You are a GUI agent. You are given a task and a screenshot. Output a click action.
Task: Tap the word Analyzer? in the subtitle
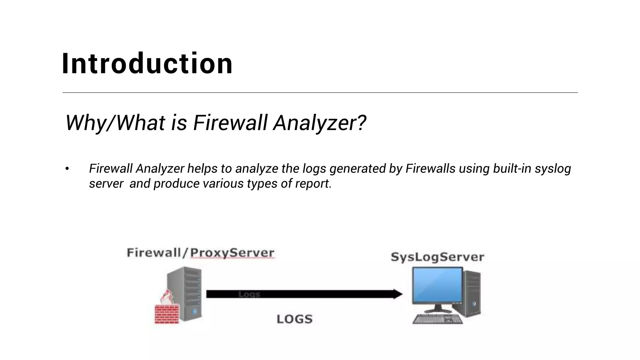(319, 122)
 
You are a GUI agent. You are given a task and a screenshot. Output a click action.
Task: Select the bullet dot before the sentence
(67, 169)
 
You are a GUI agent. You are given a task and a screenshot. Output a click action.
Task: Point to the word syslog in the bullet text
(552, 169)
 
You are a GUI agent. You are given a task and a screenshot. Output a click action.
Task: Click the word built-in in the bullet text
(512, 168)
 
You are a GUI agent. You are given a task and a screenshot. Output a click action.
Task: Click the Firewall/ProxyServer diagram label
(200, 252)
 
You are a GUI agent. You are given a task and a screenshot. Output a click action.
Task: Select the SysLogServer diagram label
(437, 257)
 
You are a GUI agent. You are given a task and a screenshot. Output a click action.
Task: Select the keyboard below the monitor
(437, 319)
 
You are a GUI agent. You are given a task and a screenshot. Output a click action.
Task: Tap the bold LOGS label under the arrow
(294, 319)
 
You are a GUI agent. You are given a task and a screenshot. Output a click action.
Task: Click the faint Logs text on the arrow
(249, 294)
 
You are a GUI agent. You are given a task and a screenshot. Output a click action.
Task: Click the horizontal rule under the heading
(320, 92)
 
